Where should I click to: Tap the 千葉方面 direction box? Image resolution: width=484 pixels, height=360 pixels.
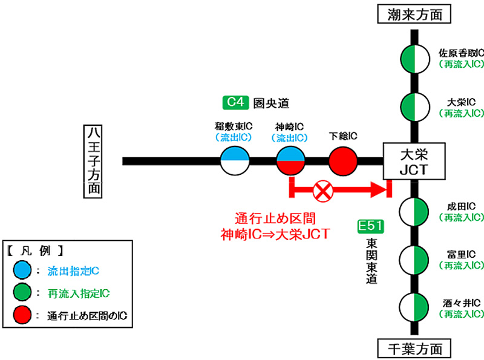[414, 349]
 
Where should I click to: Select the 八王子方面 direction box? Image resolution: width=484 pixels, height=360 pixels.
[93, 161]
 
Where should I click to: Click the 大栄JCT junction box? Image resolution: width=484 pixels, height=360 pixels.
[414, 161]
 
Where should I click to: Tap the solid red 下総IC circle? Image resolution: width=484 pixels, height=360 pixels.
[344, 162]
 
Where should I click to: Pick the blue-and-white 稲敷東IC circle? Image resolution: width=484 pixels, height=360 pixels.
[235, 162]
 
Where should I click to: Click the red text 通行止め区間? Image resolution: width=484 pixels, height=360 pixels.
[276, 218]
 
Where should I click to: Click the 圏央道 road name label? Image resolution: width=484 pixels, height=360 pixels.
[270, 103]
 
